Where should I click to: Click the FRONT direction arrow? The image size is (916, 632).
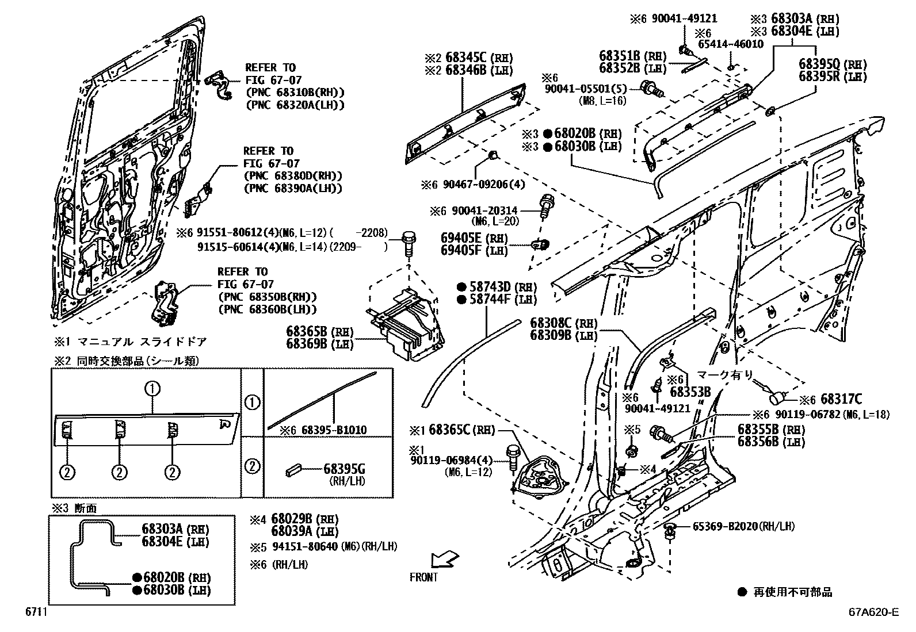click(445, 558)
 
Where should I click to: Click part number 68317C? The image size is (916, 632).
click(841, 399)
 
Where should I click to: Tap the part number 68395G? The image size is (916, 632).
click(345, 469)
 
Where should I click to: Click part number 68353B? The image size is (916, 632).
click(690, 392)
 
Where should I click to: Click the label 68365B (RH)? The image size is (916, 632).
click(320, 331)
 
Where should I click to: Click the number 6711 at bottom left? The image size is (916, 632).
click(36, 612)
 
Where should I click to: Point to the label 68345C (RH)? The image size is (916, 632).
click(469, 58)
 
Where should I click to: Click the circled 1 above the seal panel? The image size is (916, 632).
click(152, 388)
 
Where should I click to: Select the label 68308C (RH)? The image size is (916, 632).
click(564, 323)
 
